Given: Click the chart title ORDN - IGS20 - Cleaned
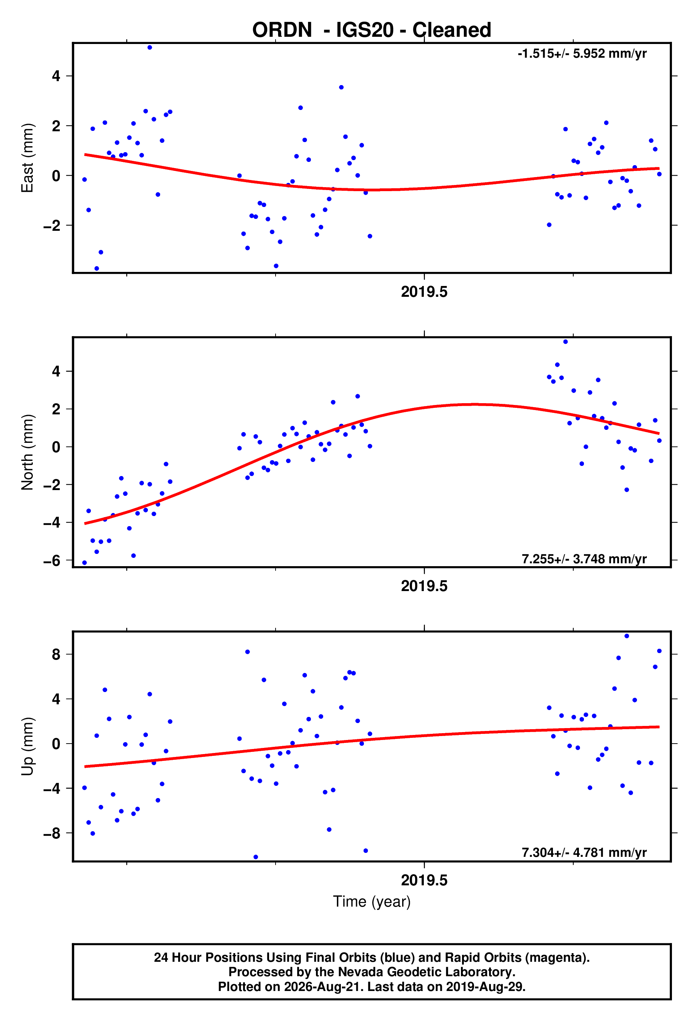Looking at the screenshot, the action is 372,30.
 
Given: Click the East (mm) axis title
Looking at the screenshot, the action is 27,158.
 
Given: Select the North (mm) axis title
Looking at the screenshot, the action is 27,452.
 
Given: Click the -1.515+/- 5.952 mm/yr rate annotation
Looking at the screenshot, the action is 582,54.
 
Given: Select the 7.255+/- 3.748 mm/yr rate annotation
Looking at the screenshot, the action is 584,559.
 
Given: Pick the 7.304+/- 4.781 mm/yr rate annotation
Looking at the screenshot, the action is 584,853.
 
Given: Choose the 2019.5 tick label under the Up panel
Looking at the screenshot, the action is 424,880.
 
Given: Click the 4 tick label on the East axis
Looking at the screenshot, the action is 56,76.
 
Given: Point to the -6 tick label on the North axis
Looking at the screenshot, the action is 52,561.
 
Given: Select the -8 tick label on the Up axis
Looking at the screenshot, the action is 52,833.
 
